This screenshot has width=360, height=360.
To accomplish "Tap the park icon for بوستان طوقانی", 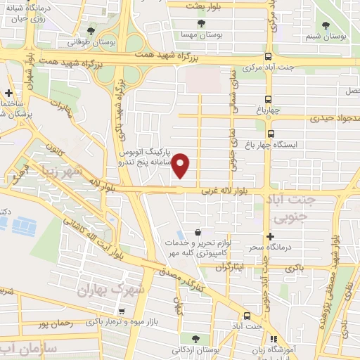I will click(92, 30).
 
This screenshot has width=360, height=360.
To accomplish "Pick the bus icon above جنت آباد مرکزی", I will click(268, 58).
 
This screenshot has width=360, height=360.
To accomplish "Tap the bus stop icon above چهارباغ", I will click(268, 99).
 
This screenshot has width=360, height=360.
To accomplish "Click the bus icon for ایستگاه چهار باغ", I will click(271, 134).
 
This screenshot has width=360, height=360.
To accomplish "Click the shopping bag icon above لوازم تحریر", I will click(198, 232).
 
